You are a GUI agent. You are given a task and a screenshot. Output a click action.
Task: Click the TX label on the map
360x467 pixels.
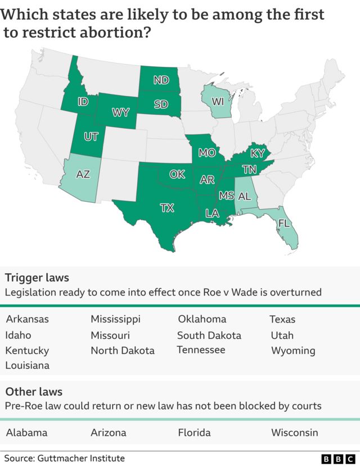click(167, 208)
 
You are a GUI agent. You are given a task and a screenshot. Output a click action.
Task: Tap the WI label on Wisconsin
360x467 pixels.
click(218, 102)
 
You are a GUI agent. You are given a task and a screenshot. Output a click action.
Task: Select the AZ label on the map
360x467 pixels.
click(83, 174)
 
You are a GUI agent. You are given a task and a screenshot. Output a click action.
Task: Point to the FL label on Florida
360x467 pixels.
click(285, 224)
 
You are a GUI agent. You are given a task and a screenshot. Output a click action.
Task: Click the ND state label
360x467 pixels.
click(161, 80)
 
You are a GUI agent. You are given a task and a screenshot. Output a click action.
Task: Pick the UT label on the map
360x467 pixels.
click(91, 137)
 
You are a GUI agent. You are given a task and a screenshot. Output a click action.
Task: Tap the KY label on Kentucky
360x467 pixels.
click(257, 153)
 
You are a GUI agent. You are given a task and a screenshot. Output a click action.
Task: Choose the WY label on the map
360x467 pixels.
click(120, 112)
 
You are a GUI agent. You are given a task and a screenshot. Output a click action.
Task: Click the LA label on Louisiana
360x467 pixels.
click(212, 214)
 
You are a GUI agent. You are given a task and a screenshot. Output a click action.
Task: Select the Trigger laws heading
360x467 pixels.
click(37, 277)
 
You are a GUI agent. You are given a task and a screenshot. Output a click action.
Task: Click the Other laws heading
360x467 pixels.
click(34, 391)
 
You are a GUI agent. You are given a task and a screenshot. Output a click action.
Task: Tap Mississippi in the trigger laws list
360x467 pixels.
click(115, 319)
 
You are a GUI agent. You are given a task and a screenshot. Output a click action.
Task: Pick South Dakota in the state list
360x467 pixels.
click(209, 335)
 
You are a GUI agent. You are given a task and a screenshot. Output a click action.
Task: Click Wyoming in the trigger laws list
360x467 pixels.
click(293, 351)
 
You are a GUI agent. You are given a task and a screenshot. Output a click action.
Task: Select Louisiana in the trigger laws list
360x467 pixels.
click(27, 365)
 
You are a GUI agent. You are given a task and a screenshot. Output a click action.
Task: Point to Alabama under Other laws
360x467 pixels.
click(26, 433)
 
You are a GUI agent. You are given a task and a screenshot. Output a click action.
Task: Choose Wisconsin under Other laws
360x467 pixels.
click(294, 433)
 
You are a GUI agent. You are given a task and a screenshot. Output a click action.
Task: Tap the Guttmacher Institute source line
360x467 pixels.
click(65, 459)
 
